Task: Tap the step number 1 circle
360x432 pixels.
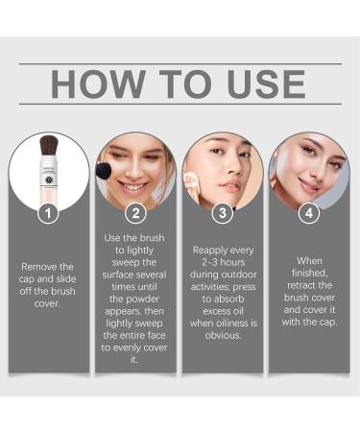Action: click(x=48, y=213)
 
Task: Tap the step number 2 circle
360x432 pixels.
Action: click(x=135, y=213)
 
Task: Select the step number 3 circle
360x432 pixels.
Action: click(x=223, y=213)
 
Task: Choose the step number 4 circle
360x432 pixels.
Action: click(x=309, y=213)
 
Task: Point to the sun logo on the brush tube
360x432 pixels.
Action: click(x=48, y=183)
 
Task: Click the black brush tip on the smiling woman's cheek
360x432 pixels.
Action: click(x=104, y=171)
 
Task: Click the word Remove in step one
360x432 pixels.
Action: click(x=48, y=267)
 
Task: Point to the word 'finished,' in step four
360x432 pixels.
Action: click(x=309, y=274)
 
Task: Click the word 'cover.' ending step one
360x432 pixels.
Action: click(x=48, y=304)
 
